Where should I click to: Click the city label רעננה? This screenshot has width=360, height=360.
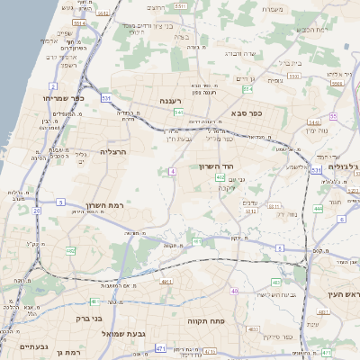[x=170, y=102]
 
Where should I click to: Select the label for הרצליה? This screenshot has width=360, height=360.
[x=115, y=152]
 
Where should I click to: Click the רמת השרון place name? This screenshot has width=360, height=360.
[x=105, y=206]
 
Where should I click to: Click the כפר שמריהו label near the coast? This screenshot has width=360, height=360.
[x=63, y=98]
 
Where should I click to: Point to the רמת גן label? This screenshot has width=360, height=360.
[x=67, y=352]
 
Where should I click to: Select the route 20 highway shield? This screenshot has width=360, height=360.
[x=37, y=211]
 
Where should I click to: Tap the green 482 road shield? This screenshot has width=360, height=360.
[x=71, y=252]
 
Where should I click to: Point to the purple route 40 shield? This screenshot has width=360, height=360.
[x=234, y=291]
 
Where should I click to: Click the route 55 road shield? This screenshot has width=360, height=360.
[x=333, y=116]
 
